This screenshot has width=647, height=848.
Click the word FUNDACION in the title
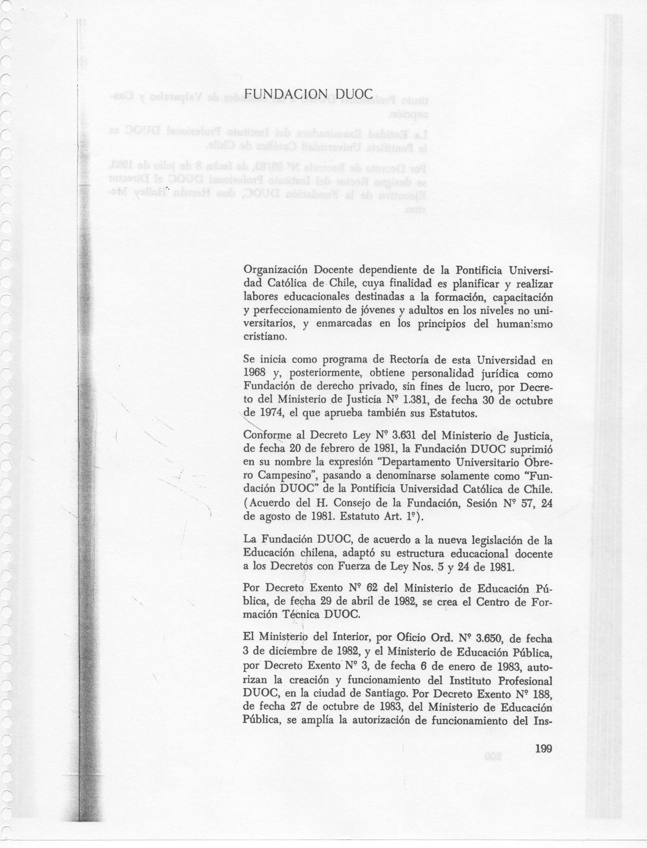[286, 94]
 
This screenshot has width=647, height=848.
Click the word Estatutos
[451, 413]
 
